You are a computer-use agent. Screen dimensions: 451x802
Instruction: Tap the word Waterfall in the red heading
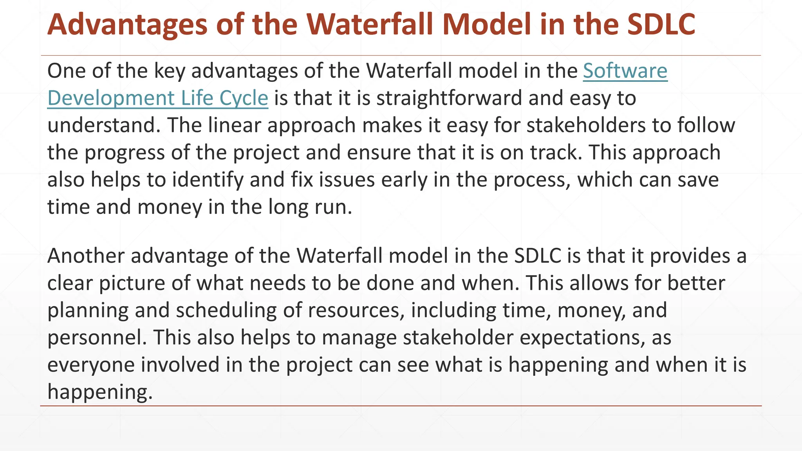(x=368, y=24)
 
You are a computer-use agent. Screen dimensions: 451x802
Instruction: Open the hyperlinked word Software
(x=625, y=71)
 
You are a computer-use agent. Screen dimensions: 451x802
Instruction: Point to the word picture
(x=132, y=283)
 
